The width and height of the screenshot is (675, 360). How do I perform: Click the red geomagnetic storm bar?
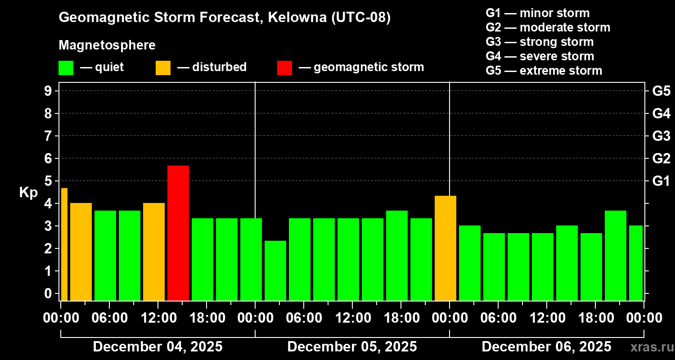(178, 233)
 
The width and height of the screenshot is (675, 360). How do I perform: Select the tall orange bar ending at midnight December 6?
(445, 248)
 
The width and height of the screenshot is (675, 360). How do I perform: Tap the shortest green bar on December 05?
(275, 270)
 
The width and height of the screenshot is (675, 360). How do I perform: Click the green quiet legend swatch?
(66, 68)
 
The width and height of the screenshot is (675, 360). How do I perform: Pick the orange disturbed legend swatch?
(163, 68)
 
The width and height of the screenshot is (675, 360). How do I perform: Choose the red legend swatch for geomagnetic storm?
(284, 68)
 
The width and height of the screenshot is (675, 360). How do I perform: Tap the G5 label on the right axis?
(661, 91)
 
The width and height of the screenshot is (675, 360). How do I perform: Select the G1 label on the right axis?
(661, 181)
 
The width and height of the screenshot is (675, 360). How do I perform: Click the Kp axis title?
(28, 193)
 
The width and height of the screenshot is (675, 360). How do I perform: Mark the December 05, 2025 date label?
(352, 347)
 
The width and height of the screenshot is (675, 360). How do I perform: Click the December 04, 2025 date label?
(157, 347)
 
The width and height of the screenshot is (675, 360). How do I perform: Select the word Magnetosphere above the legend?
(107, 45)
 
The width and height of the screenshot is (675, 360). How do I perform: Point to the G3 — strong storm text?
(540, 42)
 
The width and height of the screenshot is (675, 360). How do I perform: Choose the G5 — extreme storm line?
(544, 71)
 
